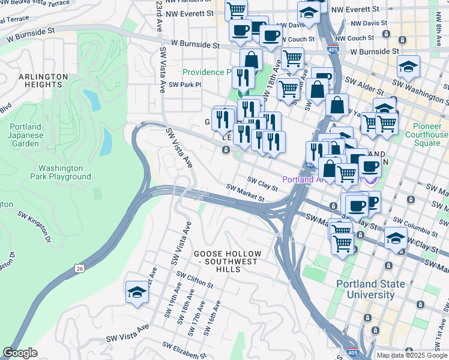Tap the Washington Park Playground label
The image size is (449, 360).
point(64,172)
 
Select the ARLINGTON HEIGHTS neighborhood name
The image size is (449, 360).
point(43,81)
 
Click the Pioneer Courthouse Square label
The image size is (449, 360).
point(430,135)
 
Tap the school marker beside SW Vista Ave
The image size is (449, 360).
point(137,293)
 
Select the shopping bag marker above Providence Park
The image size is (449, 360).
point(251,61)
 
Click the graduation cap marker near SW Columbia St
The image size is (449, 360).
point(396,238)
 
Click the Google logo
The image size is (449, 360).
point(20,353)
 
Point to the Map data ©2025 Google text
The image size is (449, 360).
point(412,355)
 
